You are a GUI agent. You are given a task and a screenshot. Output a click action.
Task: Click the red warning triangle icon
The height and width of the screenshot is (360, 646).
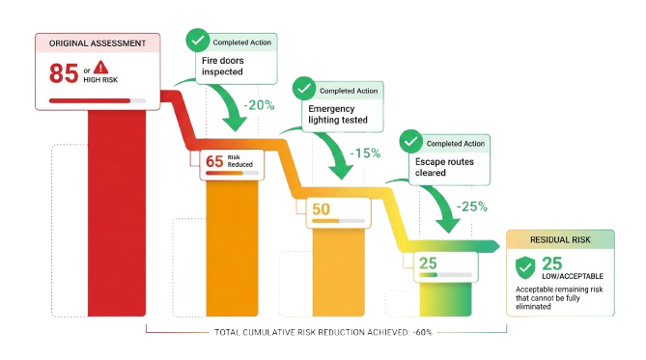coord(100,66)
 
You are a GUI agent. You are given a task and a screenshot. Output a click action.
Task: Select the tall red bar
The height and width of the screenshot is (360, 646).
coord(119,212)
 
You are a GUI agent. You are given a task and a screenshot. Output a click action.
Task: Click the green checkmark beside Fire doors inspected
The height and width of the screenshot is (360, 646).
coord(197,41)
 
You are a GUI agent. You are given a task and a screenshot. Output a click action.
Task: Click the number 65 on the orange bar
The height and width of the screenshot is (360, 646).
coord(214,161)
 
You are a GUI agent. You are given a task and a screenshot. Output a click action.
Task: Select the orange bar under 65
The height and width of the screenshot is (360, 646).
coord(234,241)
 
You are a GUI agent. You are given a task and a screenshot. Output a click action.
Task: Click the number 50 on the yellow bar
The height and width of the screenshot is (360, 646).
coord(321,210)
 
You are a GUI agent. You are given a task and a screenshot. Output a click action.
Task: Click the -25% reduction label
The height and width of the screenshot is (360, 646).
coord(473,206)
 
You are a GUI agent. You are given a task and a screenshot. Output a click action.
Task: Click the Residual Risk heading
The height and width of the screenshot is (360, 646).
coord(560,238)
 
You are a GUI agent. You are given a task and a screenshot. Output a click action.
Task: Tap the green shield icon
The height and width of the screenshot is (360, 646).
coord(525,267)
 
